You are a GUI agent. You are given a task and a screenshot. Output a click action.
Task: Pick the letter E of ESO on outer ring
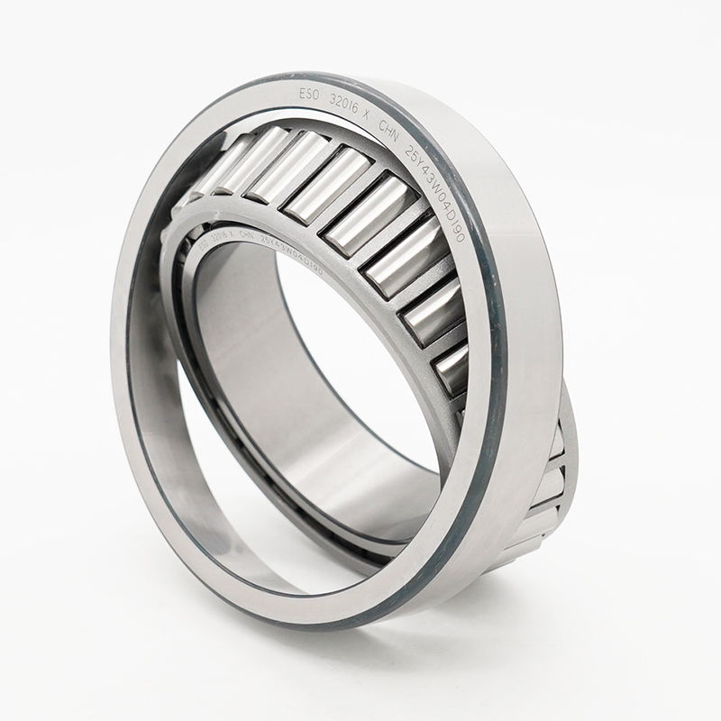coord(304,91)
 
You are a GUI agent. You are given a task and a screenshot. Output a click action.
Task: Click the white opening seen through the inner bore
coord(360,360)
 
